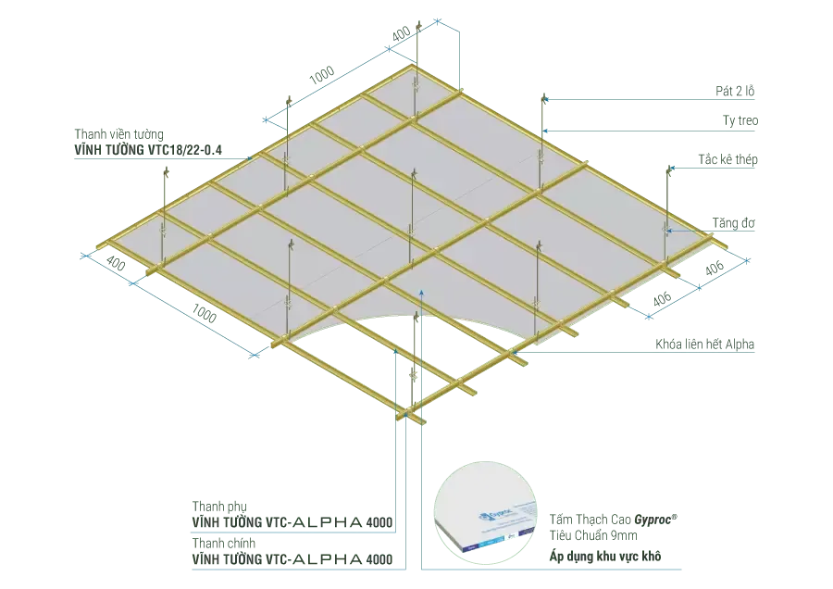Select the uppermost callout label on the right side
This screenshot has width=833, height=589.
tap(732, 90)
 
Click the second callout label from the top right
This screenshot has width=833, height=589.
tap(740, 119)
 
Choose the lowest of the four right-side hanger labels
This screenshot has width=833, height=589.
tap(733, 222)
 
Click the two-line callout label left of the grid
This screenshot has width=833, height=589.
tap(146, 140)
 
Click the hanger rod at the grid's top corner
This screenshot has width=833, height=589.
tap(418, 46)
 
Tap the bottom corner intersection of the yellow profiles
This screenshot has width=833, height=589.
tap(408, 411)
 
